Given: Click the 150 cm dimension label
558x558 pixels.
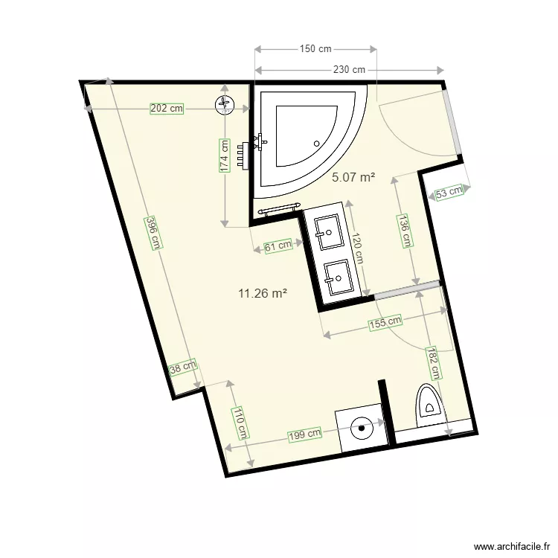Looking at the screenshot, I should (x=315, y=49).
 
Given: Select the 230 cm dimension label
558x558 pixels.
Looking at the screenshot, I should (x=349, y=70).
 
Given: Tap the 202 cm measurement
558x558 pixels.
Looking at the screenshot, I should (x=167, y=108).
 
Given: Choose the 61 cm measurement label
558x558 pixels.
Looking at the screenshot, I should (x=278, y=246).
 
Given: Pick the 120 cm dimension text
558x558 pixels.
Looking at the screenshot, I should (x=357, y=248).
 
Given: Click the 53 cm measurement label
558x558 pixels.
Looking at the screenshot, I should (x=449, y=192).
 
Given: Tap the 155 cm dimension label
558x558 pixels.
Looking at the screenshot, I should (x=384, y=323).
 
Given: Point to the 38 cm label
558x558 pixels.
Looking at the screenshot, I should (x=183, y=368).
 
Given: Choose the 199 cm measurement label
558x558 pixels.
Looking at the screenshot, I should (x=305, y=434).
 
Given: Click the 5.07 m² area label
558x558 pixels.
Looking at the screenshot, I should (x=353, y=177).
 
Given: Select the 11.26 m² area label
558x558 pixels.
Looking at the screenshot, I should (x=263, y=293).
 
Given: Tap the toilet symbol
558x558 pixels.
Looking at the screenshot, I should (x=429, y=402).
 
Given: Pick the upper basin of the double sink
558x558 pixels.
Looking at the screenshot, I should (x=327, y=231).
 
